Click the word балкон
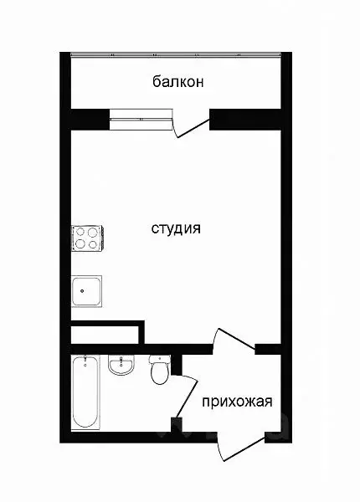pyautogui.click(x=178, y=82)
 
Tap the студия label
pyautogui.click(x=176, y=228)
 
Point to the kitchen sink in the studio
pyautogui.click(x=86, y=293)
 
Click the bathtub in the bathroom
pyautogui.click(x=84, y=392)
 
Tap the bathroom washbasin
pyautogui.click(x=122, y=366)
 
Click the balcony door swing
pyautogui.click(x=190, y=126)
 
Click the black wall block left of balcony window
pyautogui.click(x=89, y=119)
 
